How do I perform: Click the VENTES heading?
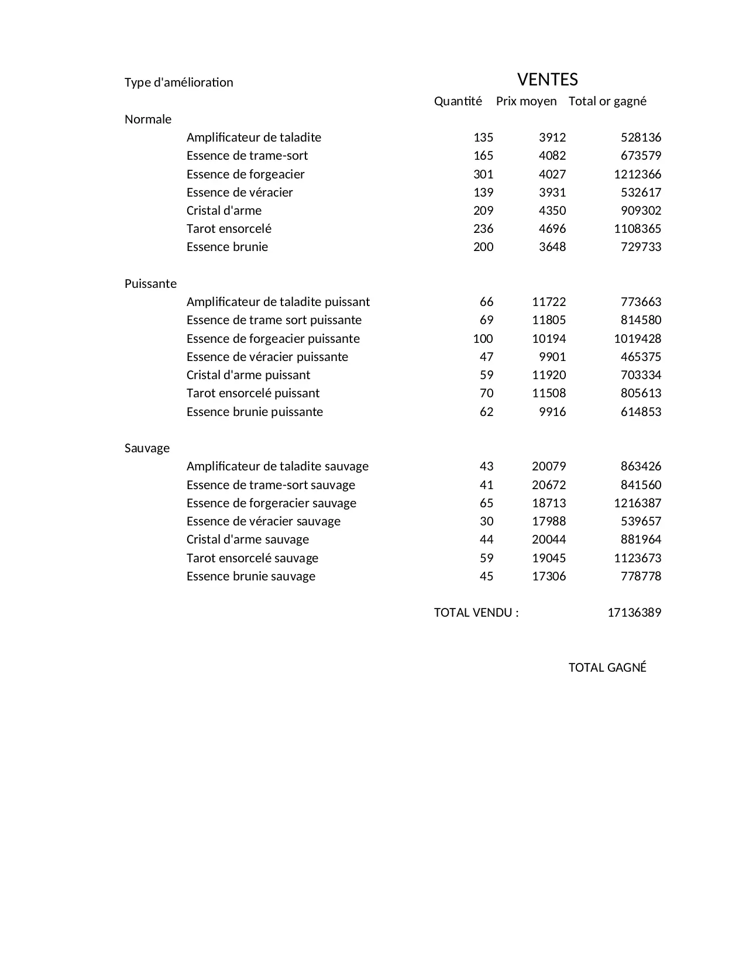coord(547,80)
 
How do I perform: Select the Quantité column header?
coord(458,101)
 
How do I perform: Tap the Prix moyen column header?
coord(526,101)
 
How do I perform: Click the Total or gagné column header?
coord(607,101)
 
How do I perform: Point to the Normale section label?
coord(148,119)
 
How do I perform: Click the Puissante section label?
coord(150,284)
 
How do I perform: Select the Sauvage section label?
coord(147,448)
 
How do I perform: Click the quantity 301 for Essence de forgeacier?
coord(483,174)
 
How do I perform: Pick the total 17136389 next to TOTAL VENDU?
coord(634,613)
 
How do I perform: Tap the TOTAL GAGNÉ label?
coord(607,668)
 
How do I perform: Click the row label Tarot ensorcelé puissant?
coord(253,393)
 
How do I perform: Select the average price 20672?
coord(549,485)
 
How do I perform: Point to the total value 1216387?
coord(637,503)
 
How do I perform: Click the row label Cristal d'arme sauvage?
coord(247,539)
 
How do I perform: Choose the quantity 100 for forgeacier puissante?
coord(483,339)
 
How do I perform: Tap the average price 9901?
coord(552,357)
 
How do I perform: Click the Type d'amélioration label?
coord(178,82)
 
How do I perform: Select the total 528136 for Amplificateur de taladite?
coord(641,137)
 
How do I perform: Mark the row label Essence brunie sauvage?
coord(250,576)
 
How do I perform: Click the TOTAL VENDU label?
coord(476,613)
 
